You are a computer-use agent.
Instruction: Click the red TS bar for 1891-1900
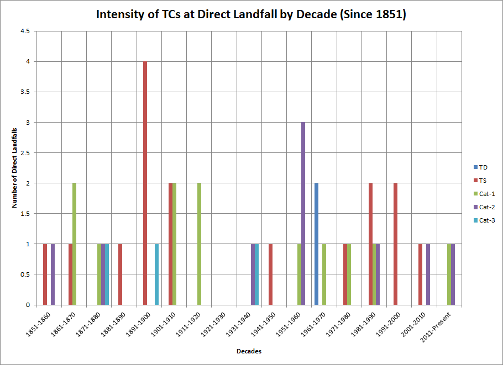(145, 183)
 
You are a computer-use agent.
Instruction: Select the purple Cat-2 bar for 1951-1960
(303, 214)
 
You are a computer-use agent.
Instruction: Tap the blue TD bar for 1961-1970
(316, 244)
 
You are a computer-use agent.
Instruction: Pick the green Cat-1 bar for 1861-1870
(75, 244)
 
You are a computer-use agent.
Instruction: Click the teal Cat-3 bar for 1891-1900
(156, 274)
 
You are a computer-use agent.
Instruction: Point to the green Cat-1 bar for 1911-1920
(199, 244)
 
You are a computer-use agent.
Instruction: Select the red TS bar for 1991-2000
(395, 244)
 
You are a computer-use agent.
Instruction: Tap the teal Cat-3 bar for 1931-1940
(256, 274)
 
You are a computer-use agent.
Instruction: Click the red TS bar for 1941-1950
(270, 274)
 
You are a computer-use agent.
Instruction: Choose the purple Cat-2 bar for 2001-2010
(428, 274)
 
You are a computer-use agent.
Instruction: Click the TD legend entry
(480, 167)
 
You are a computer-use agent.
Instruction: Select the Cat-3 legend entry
(484, 220)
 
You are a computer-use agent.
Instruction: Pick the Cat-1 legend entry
(484, 194)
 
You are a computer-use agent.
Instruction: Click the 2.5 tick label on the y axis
(25, 153)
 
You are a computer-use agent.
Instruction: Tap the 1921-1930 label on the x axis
(213, 324)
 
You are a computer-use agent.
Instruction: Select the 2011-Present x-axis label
(436, 327)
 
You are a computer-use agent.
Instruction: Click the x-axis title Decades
(249, 351)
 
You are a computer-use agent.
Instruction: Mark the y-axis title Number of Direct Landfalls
(14, 168)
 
